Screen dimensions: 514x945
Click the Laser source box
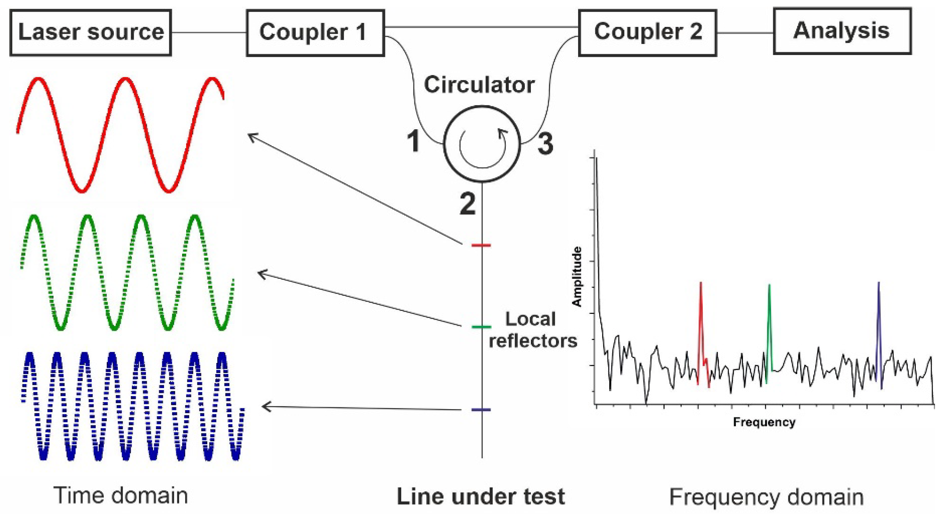[91, 32]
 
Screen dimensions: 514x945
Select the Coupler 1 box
[315, 32]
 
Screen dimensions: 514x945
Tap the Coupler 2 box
[647, 32]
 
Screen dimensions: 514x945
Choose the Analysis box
[842, 31]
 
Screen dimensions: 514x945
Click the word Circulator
[479, 85]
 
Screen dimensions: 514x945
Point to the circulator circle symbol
[482, 144]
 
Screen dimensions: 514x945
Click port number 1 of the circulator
[413, 141]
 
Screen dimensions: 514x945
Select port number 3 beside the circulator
[545, 144]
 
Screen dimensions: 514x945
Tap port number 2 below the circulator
[467, 204]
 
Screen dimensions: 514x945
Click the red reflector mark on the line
[481, 245]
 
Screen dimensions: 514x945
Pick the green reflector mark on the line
[481, 327]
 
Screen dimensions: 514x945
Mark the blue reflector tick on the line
[481, 410]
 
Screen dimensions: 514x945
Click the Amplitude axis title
[577, 277]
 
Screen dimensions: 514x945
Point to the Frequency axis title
[764, 422]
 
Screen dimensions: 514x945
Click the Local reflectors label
[532, 330]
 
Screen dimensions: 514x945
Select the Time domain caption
[121, 496]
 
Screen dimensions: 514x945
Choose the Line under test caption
[481, 497]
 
